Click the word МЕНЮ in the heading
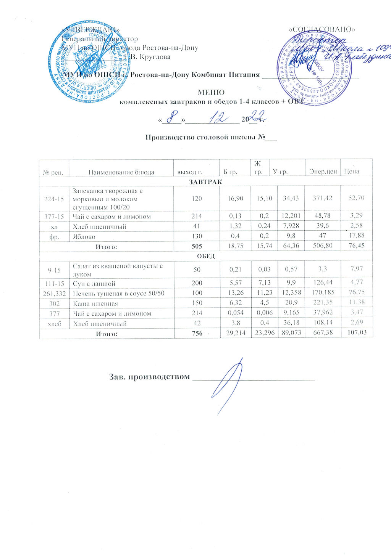[210, 93]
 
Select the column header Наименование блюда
[121, 172]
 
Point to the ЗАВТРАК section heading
[206, 182]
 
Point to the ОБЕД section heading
[206, 256]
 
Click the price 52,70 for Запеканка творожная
[357, 197]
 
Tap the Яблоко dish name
[84, 237]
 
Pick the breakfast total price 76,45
[357, 246]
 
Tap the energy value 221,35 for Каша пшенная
[323, 303]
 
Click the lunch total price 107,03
[357, 333]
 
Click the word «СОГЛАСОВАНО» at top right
[323, 29]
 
